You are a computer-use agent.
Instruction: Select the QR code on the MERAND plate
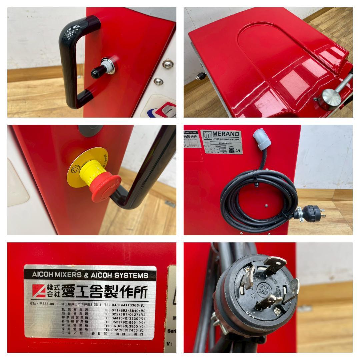(x=231, y=150)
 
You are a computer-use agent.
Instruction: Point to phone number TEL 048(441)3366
(x=125, y=305)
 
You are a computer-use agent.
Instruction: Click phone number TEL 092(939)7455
(x=125, y=330)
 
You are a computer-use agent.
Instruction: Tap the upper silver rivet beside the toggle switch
(x=168, y=64)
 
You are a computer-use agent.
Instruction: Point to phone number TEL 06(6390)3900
(x=125, y=326)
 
